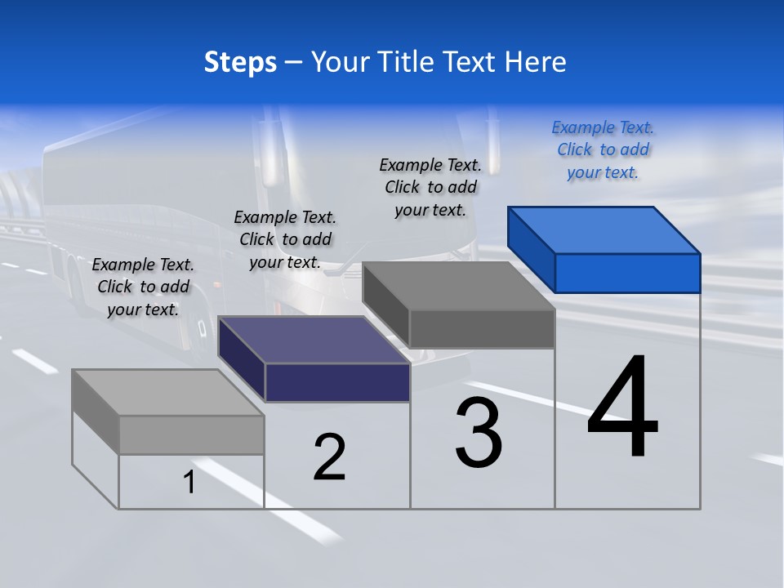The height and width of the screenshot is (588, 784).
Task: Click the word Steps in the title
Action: pyautogui.click(x=240, y=62)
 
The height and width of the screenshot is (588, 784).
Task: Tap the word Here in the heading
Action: pyautogui.click(x=537, y=62)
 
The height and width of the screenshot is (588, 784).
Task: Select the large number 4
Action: pyautogui.click(x=622, y=408)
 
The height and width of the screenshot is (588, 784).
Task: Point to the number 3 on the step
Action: pyautogui.click(x=479, y=433)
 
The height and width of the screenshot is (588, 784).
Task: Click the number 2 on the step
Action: pyautogui.click(x=330, y=457)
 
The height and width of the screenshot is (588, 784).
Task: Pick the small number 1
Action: pyautogui.click(x=189, y=483)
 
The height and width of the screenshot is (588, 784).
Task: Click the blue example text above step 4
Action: pyautogui.click(x=603, y=150)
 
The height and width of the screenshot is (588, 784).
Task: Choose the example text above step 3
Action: pyautogui.click(x=430, y=187)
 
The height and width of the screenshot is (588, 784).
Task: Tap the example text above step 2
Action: pyautogui.click(x=285, y=239)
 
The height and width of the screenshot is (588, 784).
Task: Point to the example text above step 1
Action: pyautogui.click(x=143, y=287)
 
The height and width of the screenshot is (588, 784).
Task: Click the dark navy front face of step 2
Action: pyautogui.click(x=337, y=382)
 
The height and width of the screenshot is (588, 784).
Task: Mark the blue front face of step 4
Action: pyautogui.click(x=627, y=273)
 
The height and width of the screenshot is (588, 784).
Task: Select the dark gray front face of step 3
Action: pyautogui.click(x=482, y=328)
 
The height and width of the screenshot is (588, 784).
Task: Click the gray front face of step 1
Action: pyautogui.click(x=191, y=434)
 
